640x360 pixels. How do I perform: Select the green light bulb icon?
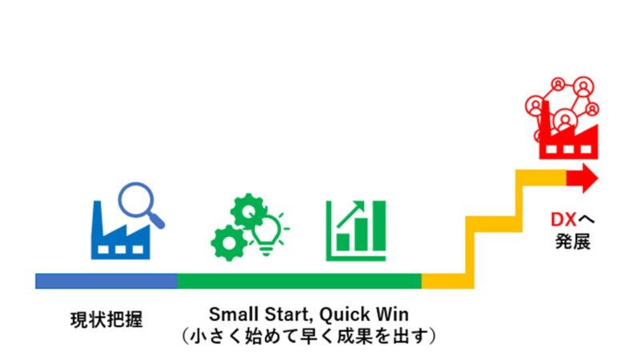269,234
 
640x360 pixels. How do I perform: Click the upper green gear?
249,211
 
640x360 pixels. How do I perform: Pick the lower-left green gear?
229,243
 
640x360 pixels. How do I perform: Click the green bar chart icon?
356,230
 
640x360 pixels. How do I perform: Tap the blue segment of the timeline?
106,282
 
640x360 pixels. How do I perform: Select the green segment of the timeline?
299,282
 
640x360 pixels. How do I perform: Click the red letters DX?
564,220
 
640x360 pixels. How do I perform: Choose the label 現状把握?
106,319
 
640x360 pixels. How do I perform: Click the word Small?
234,314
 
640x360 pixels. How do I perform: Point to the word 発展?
573,242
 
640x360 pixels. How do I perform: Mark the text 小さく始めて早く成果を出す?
309,336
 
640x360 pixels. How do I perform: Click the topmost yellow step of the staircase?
541,178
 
